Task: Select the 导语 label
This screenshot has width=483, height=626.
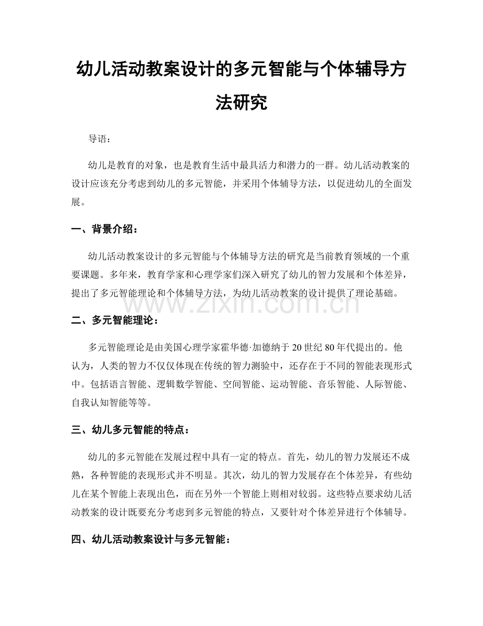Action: [98, 139]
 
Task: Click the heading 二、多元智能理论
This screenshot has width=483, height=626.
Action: [110, 320]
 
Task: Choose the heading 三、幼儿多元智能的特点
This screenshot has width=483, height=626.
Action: [129, 430]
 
